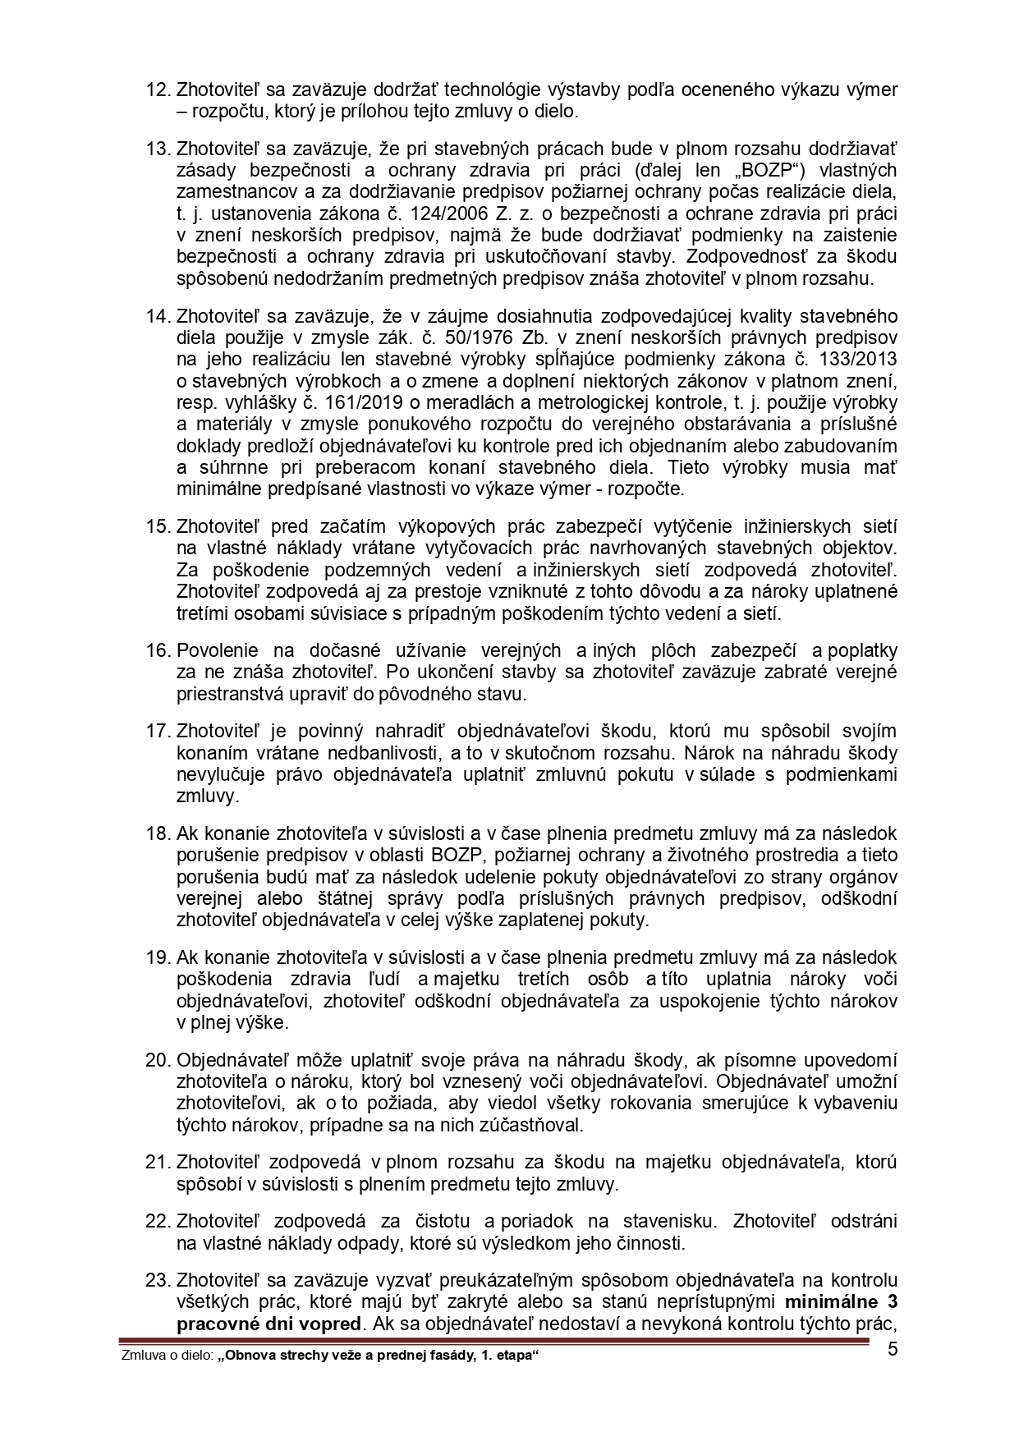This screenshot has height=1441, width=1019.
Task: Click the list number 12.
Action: [158, 89]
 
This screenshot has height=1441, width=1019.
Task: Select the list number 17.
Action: [158, 731]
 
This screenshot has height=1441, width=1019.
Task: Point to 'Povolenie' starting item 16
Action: [214, 650]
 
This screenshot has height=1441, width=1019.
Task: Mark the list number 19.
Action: [158, 957]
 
